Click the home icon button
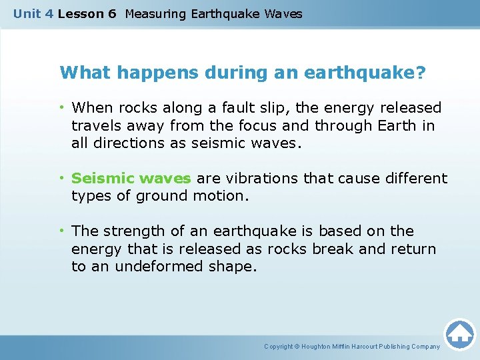coord(459,334)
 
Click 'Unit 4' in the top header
coord(33,13)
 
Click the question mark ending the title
coord(419,73)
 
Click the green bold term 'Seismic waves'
coord(131,179)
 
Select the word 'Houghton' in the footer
coord(318,347)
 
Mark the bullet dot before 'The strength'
coord(63,231)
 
